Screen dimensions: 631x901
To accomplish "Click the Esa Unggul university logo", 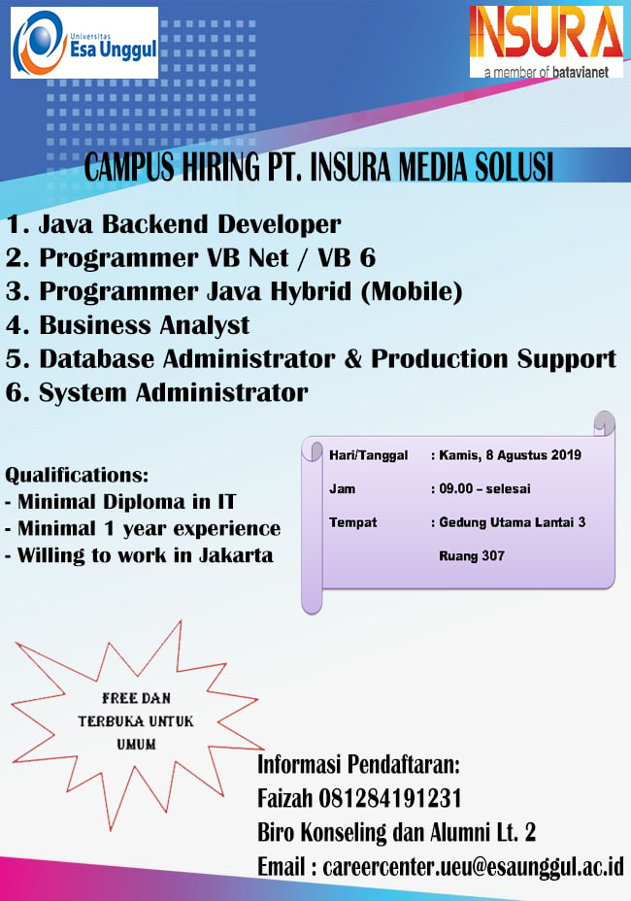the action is [x=83, y=43].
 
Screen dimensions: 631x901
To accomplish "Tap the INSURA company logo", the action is [x=547, y=42].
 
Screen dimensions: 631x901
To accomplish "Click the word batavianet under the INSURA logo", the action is [x=580, y=73].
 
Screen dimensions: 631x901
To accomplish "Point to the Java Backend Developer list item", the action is [x=173, y=224].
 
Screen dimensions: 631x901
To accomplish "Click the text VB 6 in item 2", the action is [x=347, y=257].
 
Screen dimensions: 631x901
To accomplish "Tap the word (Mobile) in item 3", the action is [x=412, y=291].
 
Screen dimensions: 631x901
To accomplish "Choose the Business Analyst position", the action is [x=127, y=325].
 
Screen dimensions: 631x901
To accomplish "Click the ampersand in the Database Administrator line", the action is [x=352, y=358].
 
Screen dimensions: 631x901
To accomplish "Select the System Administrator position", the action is [x=157, y=392].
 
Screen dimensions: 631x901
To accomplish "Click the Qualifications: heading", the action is [x=77, y=475].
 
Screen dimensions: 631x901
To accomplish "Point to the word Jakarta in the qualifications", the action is [x=236, y=555].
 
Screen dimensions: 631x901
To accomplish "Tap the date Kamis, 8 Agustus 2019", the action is [x=510, y=455].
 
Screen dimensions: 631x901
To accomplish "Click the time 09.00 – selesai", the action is [x=484, y=488].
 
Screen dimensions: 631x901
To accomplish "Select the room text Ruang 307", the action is [x=472, y=555].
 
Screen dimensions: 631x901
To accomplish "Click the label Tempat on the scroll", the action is [x=352, y=522].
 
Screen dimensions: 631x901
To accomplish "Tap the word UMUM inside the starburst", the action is [x=136, y=744].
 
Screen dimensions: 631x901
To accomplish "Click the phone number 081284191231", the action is [x=389, y=798].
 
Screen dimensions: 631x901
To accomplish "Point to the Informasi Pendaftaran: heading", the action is [x=358, y=765].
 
